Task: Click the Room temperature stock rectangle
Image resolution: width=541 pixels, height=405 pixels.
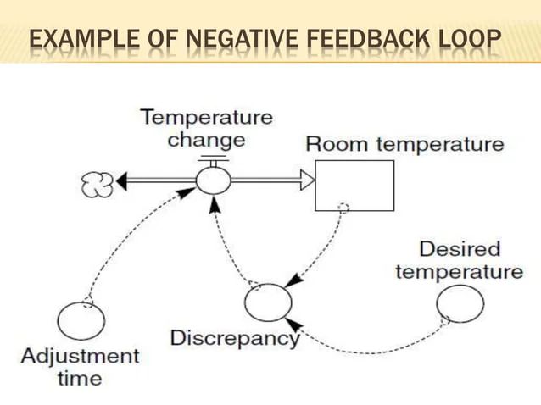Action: pyautogui.click(x=354, y=184)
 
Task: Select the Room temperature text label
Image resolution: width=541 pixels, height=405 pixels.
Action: pyautogui.click(x=404, y=143)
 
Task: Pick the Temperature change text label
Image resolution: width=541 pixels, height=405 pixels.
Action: pyautogui.click(x=207, y=127)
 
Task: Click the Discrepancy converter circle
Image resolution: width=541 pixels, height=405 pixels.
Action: pyautogui.click(x=267, y=302)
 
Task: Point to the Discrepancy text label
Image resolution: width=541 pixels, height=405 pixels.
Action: pyautogui.click(x=235, y=338)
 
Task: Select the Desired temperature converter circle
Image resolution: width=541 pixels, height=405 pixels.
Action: pyautogui.click(x=460, y=304)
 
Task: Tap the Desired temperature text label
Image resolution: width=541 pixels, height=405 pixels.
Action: pyautogui.click(x=459, y=260)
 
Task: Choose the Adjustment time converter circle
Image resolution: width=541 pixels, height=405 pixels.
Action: pyautogui.click(x=81, y=321)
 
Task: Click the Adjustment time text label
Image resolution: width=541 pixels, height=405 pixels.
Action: pyautogui.click(x=80, y=366)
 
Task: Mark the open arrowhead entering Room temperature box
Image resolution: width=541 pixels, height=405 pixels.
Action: pyautogui.click(x=306, y=179)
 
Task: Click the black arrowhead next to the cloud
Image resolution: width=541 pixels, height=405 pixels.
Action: pyautogui.click(x=122, y=180)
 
